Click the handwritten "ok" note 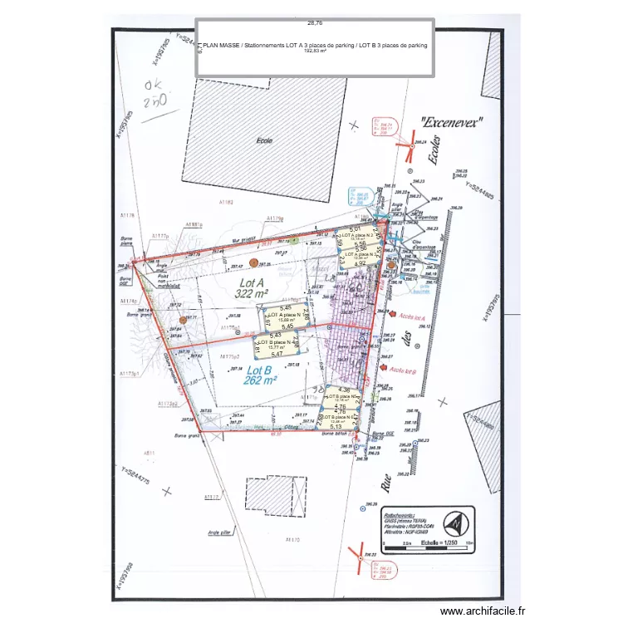click(x=155, y=86)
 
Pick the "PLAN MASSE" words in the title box click(x=220, y=46)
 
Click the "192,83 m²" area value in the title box click(x=313, y=52)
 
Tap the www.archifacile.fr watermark click(x=483, y=611)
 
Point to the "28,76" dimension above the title click(x=314, y=23)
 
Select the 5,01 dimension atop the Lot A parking click(x=354, y=228)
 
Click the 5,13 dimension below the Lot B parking click(x=336, y=427)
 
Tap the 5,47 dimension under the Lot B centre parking click(x=277, y=355)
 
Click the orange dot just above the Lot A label click(x=255, y=262)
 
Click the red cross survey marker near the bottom click(x=360, y=552)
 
